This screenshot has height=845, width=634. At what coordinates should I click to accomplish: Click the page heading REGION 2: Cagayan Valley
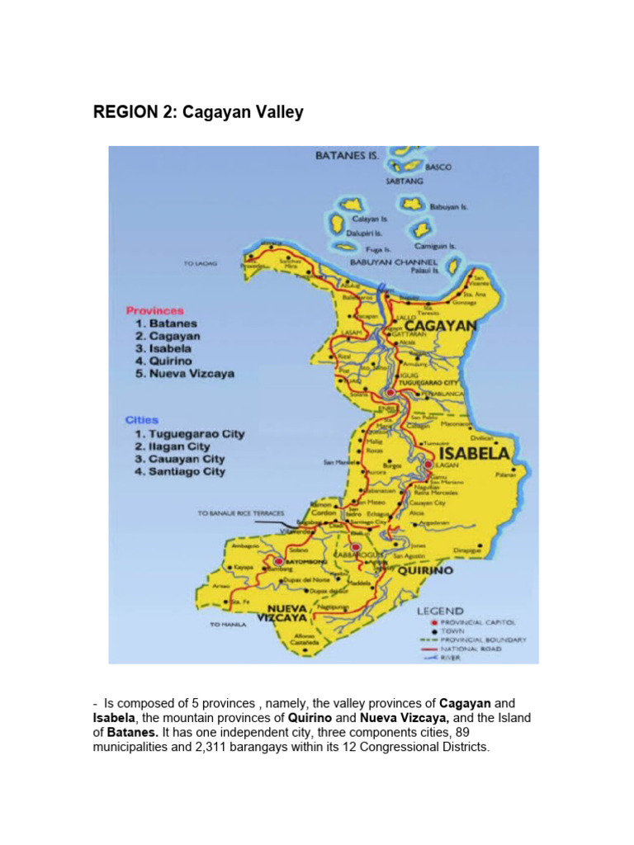tap(198, 112)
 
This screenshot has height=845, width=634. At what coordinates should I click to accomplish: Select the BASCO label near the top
tap(438, 167)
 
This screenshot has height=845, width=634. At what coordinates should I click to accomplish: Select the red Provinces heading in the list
tap(154, 311)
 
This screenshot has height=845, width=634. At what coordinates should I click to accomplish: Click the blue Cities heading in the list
tap(141, 420)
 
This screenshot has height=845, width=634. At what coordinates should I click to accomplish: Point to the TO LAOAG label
tap(200, 264)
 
